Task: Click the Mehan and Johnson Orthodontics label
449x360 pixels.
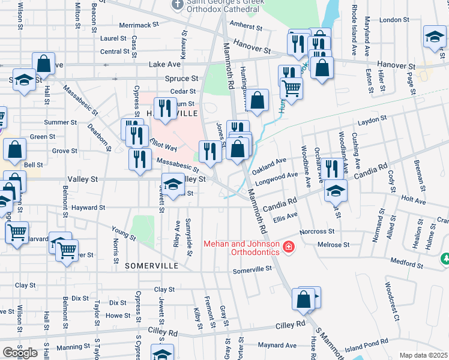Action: point(241,248)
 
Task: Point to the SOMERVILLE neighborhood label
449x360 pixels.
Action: point(151,265)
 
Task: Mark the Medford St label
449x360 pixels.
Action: point(407,263)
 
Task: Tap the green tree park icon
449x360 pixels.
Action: point(445,259)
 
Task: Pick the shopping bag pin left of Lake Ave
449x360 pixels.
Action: point(43,64)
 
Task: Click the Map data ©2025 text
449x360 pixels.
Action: point(424,355)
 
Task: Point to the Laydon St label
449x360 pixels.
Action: point(370,122)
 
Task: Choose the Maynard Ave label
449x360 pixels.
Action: point(277,345)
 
